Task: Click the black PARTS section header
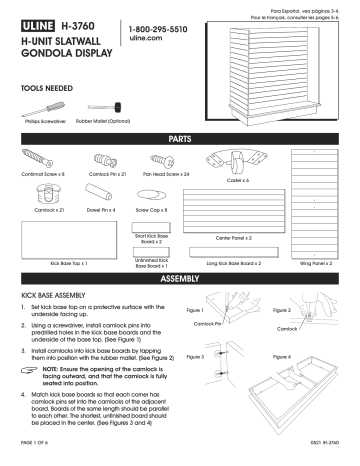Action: pyautogui.click(x=180, y=136)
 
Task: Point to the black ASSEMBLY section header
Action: pyautogui.click(x=180, y=277)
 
